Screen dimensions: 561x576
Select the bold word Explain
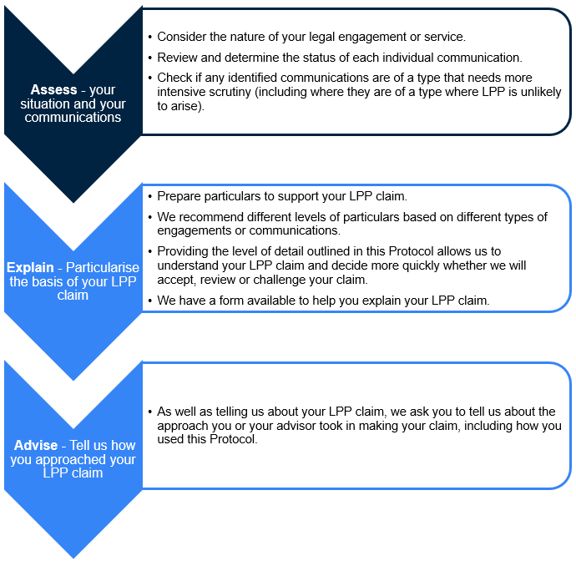[x=31, y=268]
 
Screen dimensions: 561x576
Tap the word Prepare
[x=180, y=196]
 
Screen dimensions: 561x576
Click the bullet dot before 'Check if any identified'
[x=149, y=78]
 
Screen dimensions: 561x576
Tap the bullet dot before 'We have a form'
[x=149, y=301]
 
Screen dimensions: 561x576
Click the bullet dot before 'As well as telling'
[x=149, y=412]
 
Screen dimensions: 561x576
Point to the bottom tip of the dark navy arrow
[x=73, y=201]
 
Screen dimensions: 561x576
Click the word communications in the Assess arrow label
[x=73, y=118]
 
